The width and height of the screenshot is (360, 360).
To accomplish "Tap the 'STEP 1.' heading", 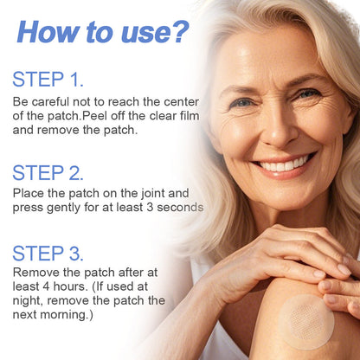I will (48, 80).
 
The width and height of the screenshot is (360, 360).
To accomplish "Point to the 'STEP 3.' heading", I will (48, 254).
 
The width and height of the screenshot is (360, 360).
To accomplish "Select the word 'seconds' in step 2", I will (179, 208).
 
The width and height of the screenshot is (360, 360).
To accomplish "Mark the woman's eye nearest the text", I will (244, 102).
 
